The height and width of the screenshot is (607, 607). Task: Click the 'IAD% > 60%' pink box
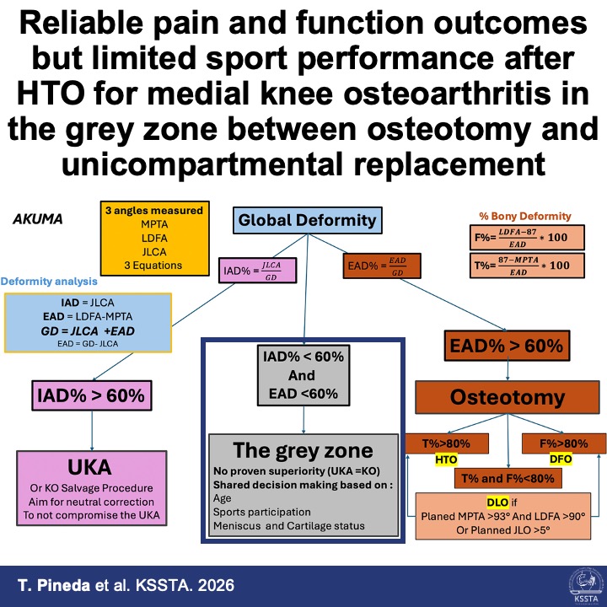tap(88, 394)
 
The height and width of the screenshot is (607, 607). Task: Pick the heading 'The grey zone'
tap(302, 448)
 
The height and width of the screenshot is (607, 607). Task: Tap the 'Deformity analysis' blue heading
tap(50, 281)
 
